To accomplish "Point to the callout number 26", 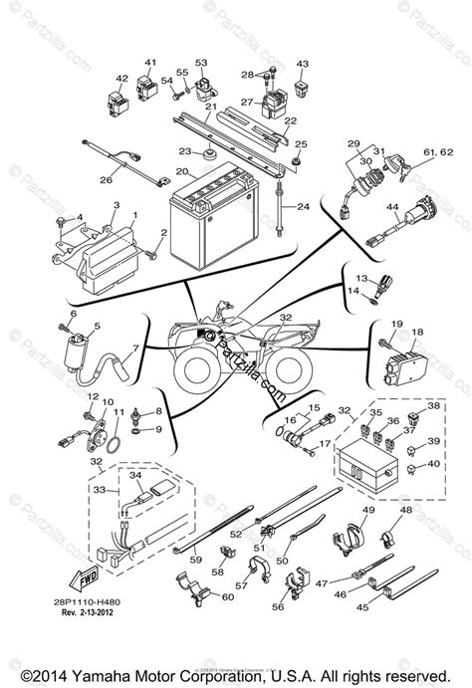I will tap(106, 181).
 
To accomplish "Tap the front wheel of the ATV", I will tap(193, 370).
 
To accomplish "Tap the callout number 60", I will tap(228, 598).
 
